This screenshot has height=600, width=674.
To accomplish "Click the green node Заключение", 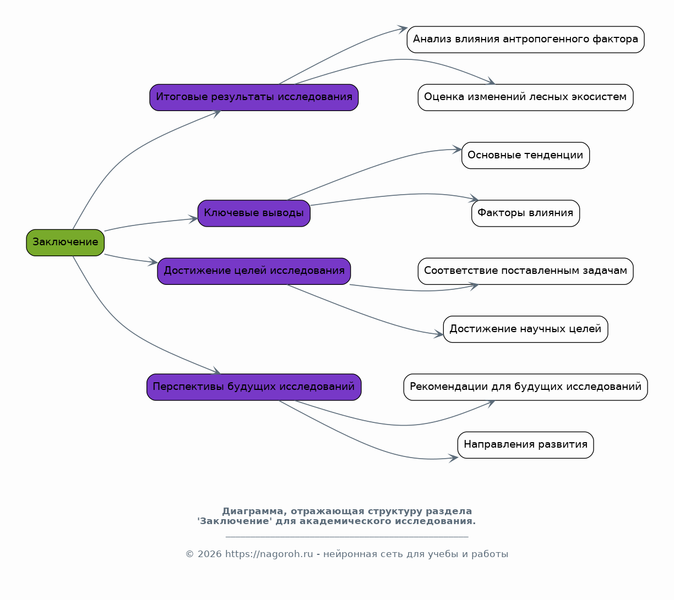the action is pyautogui.click(x=65, y=243).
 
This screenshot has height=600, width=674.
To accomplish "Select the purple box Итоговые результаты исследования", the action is pyautogui.click(x=254, y=97).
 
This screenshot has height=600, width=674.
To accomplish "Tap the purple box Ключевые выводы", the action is pyautogui.click(x=254, y=213).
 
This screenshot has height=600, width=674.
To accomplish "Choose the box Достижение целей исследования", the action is pyautogui.click(x=254, y=271).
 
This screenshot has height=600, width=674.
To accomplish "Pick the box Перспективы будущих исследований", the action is pyautogui.click(x=254, y=387).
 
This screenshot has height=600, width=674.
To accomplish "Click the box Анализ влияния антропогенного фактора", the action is pyautogui.click(x=526, y=40).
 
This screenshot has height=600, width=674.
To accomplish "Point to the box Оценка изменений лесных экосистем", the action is pyautogui.click(x=526, y=97).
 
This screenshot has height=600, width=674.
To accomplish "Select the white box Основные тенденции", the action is pyautogui.click(x=526, y=156).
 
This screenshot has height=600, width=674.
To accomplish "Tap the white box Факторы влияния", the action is pyautogui.click(x=526, y=213).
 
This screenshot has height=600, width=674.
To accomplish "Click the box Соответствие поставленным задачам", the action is pyautogui.click(x=526, y=271).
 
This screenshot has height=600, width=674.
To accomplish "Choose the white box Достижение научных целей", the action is pyautogui.click(x=526, y=329).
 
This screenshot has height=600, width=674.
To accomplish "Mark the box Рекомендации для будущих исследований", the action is pyautogui.click(x=526, y=387).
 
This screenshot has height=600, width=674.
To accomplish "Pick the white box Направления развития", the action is pyautogui.click(x=526, y=445).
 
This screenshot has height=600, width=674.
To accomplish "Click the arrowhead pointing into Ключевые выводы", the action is pyautogui.click(x=193, y=219).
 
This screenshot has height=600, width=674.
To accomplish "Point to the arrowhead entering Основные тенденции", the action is pyautogui.click(x=457, y=150).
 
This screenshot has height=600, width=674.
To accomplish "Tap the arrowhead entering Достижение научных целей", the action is pyautogui.click(x=439, y=334).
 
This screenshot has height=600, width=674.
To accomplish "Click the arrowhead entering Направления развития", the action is pyautogui.click(x=453, y=458).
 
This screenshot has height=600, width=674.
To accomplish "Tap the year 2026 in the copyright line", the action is pyautogui.click(x=210, y=554).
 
